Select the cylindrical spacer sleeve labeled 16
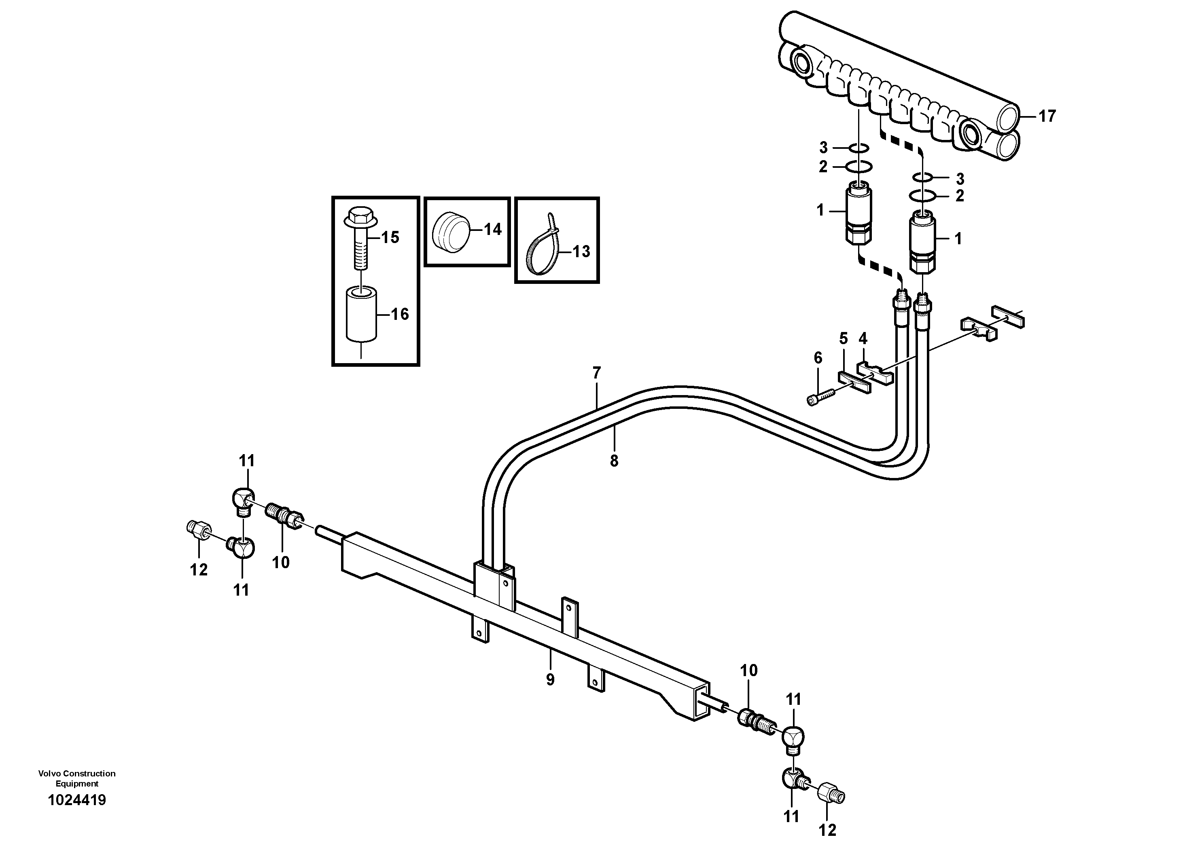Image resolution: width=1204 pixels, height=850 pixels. (361, 315)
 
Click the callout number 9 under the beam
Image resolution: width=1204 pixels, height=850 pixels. (549, 680)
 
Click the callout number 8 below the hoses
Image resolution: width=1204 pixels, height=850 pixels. (614, 461)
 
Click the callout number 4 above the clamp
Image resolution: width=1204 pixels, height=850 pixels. (863, 338)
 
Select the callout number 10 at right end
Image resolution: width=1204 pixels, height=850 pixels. (749, 670)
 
